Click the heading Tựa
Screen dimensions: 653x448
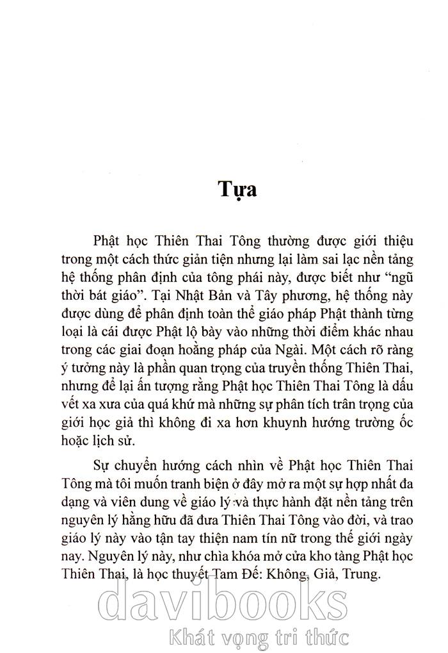[x=237, y=190]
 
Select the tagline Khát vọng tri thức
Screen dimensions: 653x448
[x=256, y=638]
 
